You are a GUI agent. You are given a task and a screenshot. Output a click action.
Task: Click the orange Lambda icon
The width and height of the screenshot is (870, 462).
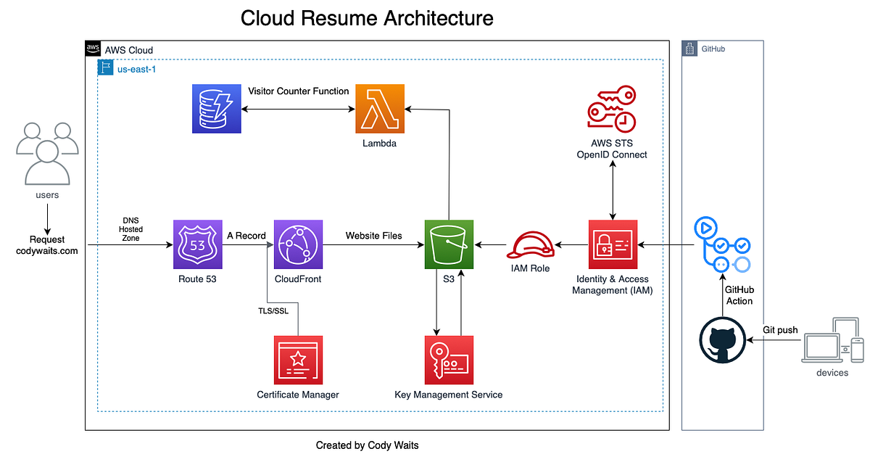(x=380, y=109)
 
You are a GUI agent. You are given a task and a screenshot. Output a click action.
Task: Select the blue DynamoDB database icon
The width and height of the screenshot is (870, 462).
(x=216, y=109)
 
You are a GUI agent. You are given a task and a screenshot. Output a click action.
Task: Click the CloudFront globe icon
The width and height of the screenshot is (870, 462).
(x=298, y=244)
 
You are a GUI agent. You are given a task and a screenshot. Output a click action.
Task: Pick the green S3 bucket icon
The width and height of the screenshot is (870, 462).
(x=448, y=244)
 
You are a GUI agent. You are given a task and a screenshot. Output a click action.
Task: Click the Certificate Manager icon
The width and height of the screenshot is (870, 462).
(x=298, y=360)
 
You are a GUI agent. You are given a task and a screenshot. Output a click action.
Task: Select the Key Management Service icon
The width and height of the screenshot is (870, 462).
(x=448, y=360)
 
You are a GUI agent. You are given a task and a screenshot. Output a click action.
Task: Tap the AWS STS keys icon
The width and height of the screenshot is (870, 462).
(x=611, y=109)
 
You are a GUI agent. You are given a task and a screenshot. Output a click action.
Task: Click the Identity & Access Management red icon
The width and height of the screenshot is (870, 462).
(x=613, y=244)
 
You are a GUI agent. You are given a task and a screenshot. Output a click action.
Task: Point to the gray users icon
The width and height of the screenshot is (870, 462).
(x=47, y=154)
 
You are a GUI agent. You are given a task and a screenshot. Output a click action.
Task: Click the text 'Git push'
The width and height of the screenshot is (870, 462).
(x=780, y=330)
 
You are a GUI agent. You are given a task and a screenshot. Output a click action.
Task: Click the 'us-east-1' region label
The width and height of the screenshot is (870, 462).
(x=136, y=68)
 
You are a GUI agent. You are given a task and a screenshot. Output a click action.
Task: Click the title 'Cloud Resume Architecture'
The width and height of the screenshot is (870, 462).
(x=367, y=18)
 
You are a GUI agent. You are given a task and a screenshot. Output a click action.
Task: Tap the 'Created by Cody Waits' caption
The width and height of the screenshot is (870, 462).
(x=367, y=445)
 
